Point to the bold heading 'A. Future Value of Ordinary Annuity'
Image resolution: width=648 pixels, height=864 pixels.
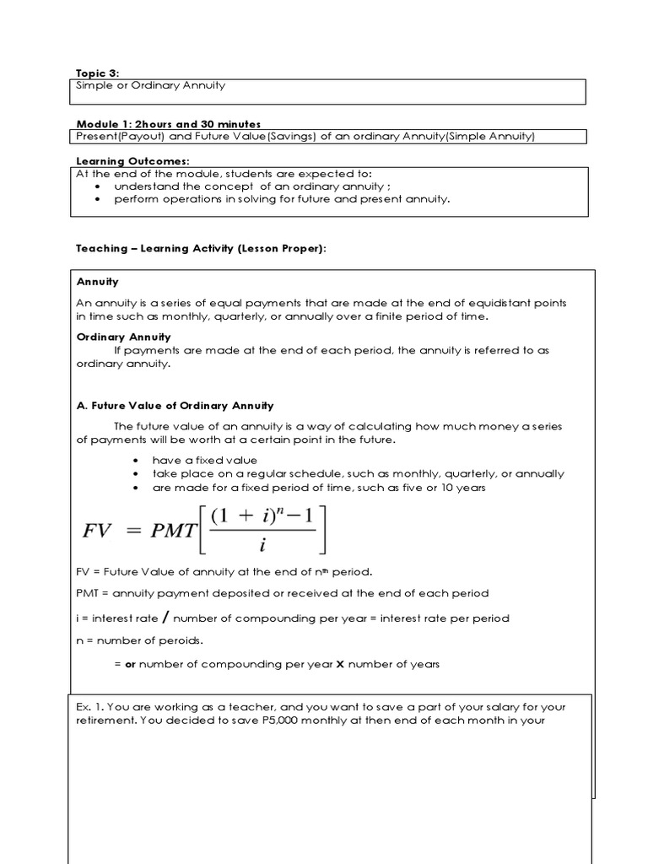175,406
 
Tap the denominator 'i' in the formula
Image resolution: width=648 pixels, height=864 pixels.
263,546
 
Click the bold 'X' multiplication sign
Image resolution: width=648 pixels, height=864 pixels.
341,664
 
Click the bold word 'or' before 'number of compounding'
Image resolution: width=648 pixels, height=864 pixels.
131,665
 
